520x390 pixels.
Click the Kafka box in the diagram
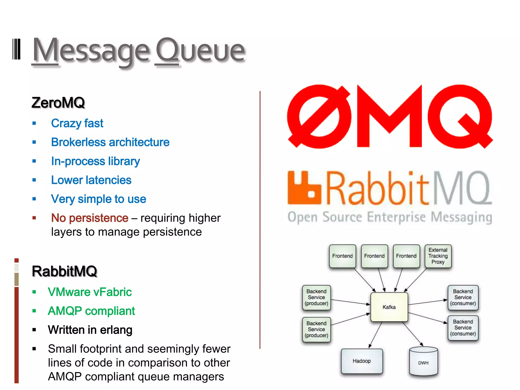point(389,307)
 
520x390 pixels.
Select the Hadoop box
point(362,361)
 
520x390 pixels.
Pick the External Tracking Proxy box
point(438,256)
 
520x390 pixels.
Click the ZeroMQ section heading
point(58,103)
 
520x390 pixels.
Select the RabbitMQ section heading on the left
point(64,271)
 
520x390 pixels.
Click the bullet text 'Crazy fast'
point(77,123)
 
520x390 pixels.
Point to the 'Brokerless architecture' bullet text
point(110,142)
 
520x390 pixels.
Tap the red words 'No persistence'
point(90,218)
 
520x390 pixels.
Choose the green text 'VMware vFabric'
point(90,292)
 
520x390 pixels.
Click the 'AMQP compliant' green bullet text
point(91,311)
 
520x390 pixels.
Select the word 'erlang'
point(116,330)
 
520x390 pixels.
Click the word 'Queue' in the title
point(200,51)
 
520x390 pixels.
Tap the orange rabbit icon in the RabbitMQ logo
point(304,188)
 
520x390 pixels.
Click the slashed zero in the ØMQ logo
point(319,117)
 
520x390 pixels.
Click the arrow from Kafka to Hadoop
point(376,335)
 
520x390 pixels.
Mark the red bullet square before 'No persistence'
point(34,218)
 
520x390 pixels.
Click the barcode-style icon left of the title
point(17,49)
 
